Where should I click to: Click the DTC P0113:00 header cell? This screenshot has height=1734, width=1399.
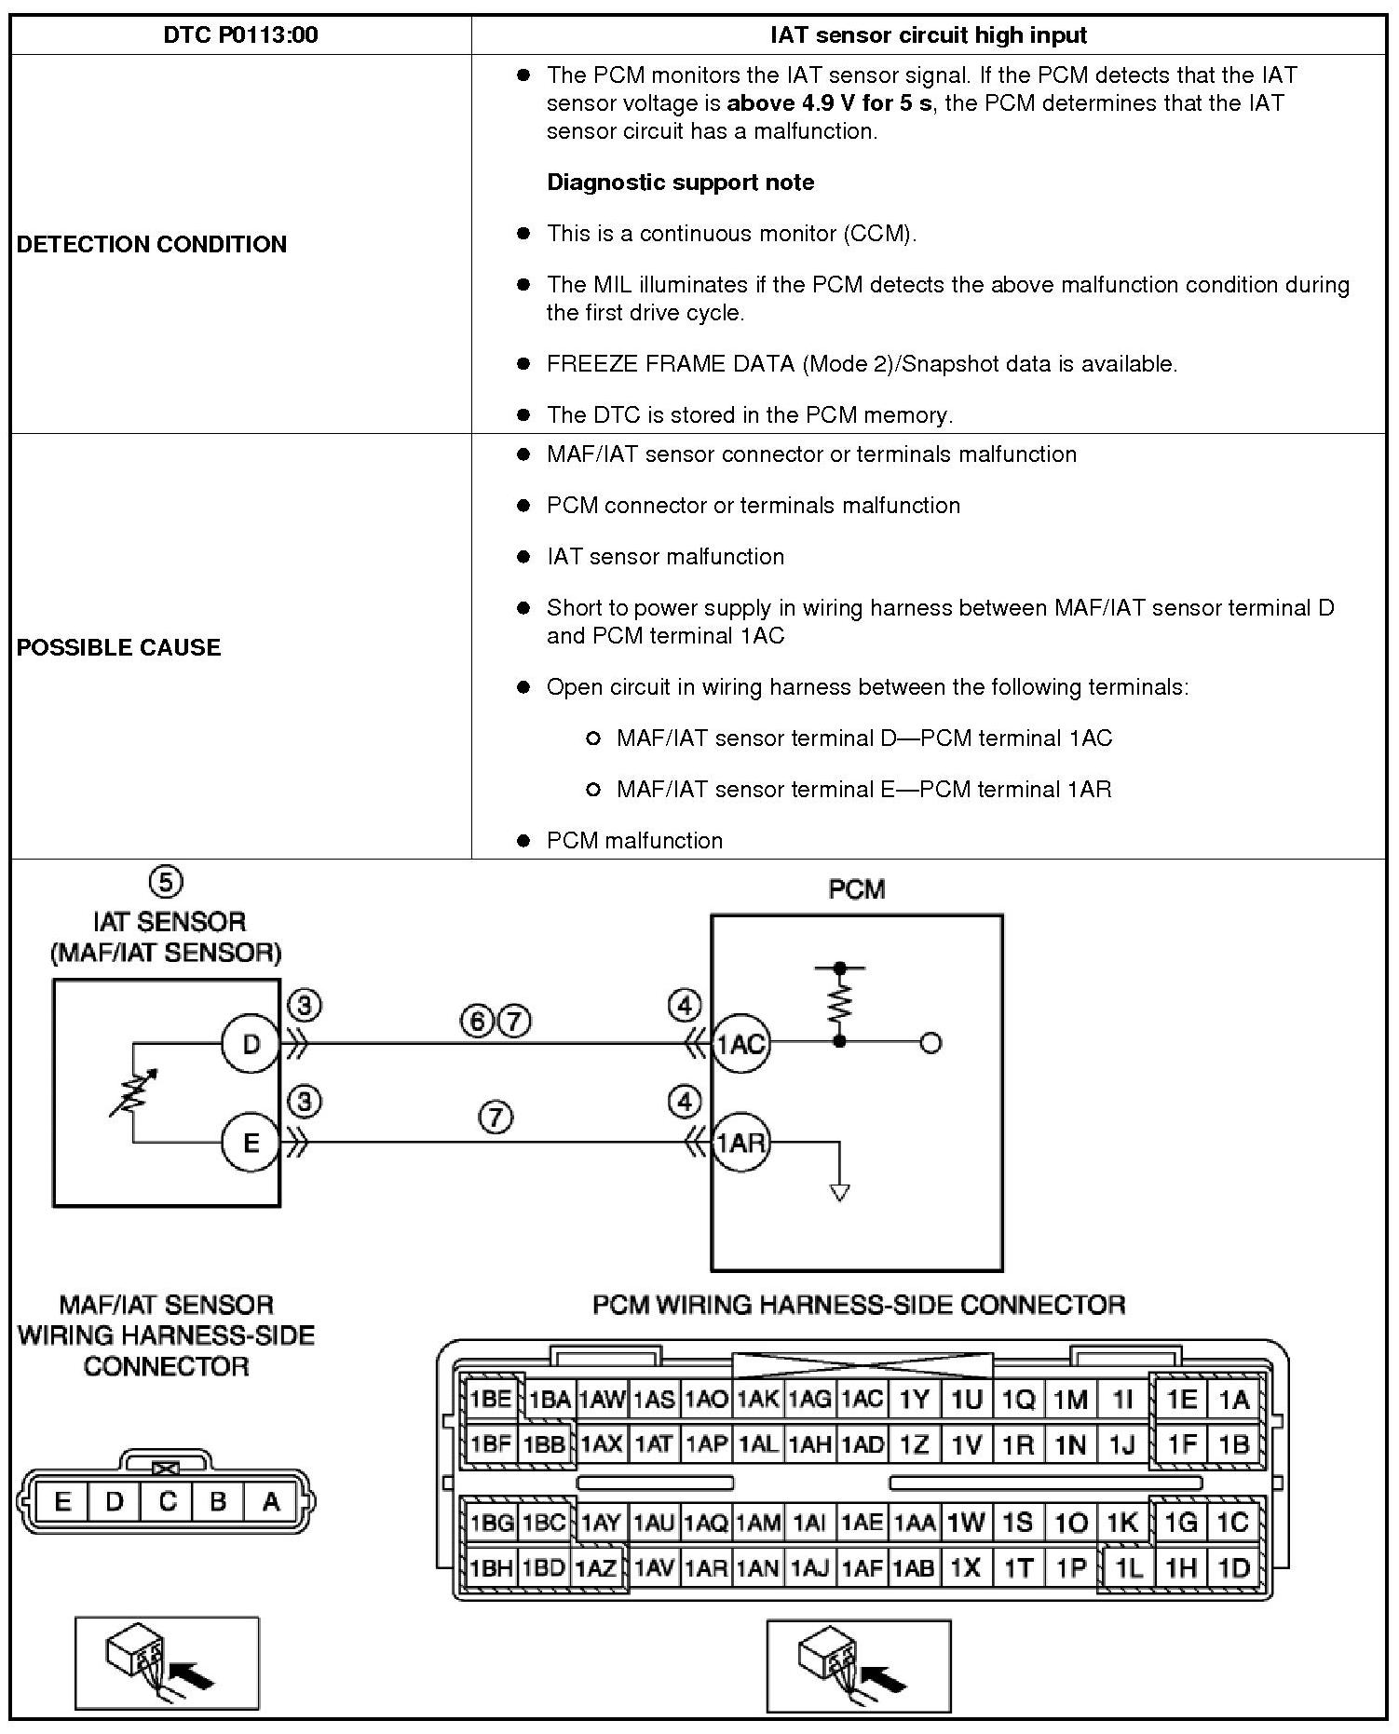click(240, 35)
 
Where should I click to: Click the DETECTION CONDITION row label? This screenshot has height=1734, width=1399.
click(152, 244)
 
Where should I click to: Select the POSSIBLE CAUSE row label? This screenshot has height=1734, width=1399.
click(119, 647)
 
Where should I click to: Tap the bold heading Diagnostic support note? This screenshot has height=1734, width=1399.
click(680, 183)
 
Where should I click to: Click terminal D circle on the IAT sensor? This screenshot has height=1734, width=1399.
click(251, 1044)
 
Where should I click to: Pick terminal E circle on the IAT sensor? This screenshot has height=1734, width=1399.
click(251, 1142)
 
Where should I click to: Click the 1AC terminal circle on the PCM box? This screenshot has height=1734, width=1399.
click(740, 1044)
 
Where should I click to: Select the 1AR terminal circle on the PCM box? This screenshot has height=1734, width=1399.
click(740, 1142)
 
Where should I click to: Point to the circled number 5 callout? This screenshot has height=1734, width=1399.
click(166, 881)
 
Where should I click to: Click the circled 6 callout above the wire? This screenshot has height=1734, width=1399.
click(477, 1022)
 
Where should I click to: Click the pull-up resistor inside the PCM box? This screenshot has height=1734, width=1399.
click(839, 1004)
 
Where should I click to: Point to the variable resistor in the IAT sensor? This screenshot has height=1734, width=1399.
click(133, 1091)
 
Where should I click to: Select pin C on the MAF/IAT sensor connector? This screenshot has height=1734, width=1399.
click(167, 1501)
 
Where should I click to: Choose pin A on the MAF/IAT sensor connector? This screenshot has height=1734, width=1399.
click(271, 1501)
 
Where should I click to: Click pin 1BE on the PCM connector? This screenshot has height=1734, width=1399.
click(491, 1399)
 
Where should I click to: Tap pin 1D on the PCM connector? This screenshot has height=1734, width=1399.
click(1233, 1568)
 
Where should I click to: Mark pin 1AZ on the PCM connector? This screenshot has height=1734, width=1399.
click(596, 1568)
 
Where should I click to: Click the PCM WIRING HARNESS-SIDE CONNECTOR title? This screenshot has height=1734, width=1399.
click(858, 1305)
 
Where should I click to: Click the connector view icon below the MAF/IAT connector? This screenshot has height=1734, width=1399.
click(166, 1663)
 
